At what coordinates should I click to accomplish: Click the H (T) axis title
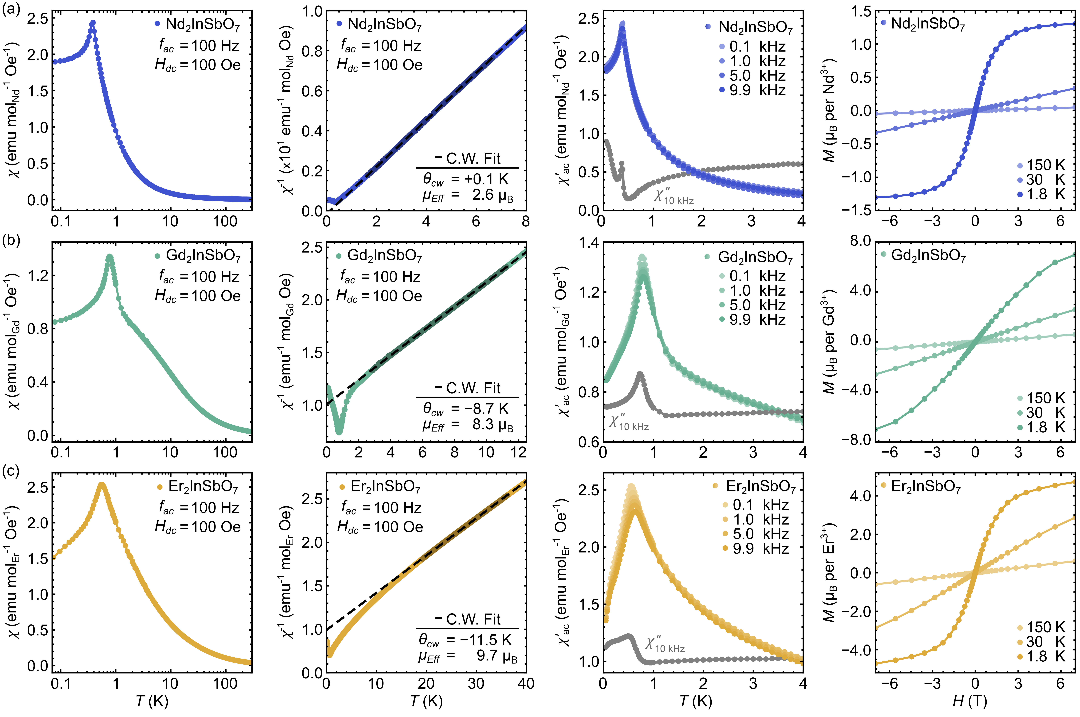970,701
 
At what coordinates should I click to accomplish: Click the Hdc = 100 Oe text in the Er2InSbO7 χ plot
197,527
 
